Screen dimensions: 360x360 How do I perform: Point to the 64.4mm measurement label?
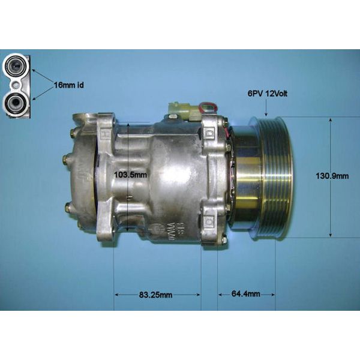tap(246, 294)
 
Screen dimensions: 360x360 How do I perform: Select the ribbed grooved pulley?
tap(274, 177)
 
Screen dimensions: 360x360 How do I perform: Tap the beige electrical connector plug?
tap(183, 110)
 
